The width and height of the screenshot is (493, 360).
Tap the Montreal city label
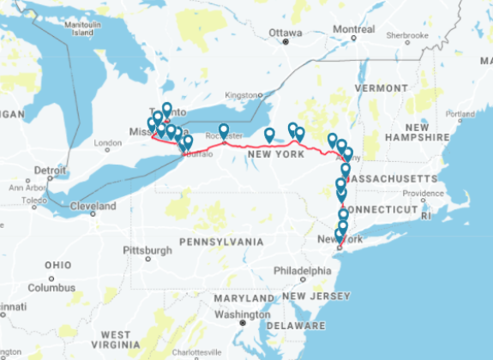353,29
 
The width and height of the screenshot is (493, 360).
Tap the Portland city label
460,113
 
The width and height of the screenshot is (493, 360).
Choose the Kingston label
240,94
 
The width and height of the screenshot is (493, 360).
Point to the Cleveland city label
93,207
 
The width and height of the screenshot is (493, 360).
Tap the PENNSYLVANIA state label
221,242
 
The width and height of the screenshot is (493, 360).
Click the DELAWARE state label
296,326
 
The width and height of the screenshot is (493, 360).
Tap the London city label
108,143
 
